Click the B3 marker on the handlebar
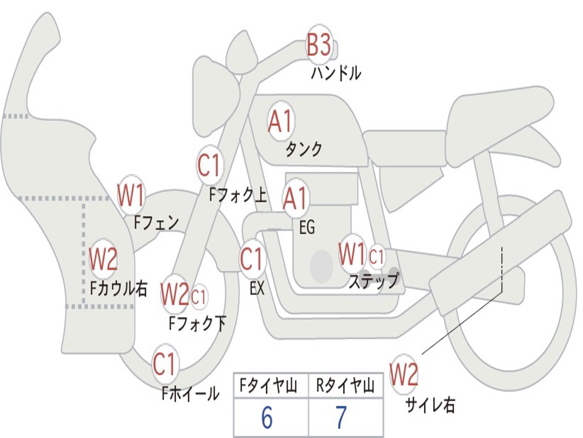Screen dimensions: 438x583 [x=319, y=44]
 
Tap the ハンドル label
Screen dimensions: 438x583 [x=336, y=73]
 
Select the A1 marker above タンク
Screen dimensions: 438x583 [x=280, y=122]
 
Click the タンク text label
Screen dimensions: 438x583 [x=303, y=149]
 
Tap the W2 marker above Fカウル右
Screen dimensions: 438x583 [x=103, y=259]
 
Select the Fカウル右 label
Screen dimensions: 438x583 [x=119, y=289]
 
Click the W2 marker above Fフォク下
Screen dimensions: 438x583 [x=174, y=295]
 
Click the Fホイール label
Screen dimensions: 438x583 [x=190, y=394]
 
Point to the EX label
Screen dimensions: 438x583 [x=257, y=289]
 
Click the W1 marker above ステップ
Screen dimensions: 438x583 [x=352, y=254]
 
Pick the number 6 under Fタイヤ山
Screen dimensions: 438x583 [x=266, y=418]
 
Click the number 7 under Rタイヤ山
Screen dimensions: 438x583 [x=340, y=418]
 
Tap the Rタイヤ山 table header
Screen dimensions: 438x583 [x=345, y=387]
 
